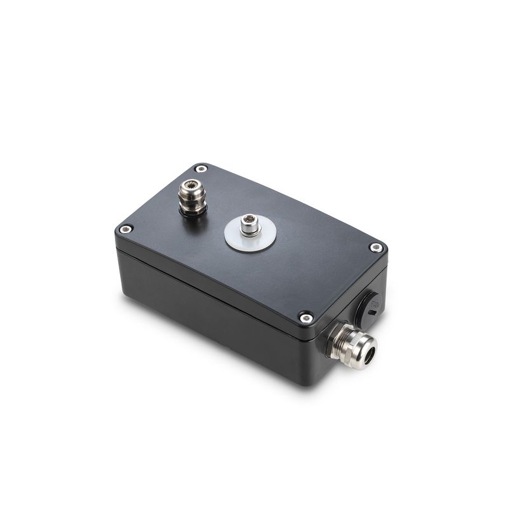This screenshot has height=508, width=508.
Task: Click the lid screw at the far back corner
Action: tap(201, 169)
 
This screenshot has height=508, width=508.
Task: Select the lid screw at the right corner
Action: tap(376, 248)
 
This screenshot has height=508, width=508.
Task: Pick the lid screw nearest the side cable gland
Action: tap(306, 317)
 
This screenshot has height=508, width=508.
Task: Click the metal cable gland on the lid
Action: tap(191, 196)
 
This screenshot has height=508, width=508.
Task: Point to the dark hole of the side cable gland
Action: tap(368, 352)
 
